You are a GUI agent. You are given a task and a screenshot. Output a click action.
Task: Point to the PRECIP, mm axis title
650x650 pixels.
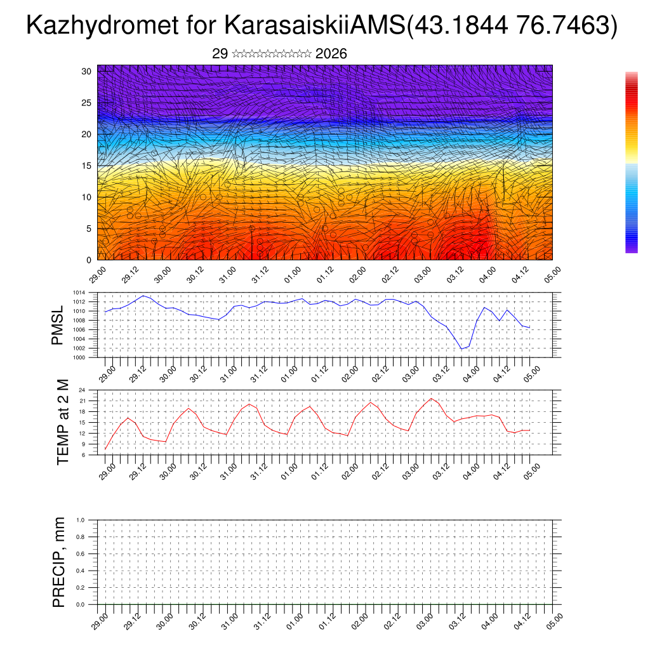[59, 562]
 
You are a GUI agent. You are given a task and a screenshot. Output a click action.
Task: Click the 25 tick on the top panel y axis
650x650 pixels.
[87, 103]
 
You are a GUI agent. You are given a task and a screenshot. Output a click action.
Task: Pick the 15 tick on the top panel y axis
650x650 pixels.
[87, 166]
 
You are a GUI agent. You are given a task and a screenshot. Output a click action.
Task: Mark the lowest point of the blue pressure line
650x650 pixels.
[462, 348]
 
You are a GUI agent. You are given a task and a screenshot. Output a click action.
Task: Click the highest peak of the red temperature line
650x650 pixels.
[432, 399]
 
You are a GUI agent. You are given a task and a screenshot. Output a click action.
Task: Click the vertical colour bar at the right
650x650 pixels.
[631, 162]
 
